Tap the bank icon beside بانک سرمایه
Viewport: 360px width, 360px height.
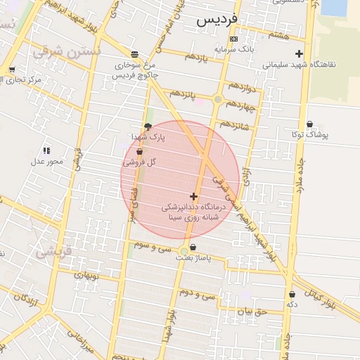tap(233, 39)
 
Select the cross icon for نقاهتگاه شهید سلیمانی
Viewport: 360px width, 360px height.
tap(300, 53)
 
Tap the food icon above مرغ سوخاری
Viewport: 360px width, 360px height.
tap(134, 53)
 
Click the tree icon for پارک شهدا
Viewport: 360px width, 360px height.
tap(147, 127)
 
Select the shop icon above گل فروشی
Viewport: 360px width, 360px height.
tap(139, 152)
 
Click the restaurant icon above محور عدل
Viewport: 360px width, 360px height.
tap(46, 150)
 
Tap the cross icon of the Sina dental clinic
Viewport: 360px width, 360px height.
tap(193, 196)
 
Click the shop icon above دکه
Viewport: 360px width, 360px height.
tap(292, 295)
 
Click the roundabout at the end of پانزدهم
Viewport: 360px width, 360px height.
tap(218, 100)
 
